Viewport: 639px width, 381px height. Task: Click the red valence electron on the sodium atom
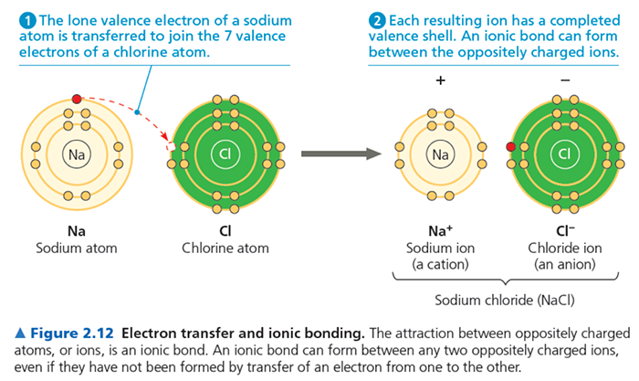pyautogui.click(x=77, y=98)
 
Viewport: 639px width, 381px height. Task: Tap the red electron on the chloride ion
pyautogui.click(x=511, y=146)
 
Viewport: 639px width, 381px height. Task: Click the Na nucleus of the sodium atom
pyautogui.click(x=77, y=154)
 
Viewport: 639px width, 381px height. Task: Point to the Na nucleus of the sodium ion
pyautogui.click(x=441, y=154)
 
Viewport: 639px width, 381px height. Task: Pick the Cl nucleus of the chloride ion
pyautogui.click(x=563, y=153)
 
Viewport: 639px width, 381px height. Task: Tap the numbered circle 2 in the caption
pyautogui.click(x=376, y=20)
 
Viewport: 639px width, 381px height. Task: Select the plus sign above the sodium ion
pyautogui.click(x=441, y=80)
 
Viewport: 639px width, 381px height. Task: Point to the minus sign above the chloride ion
pyautogui.click(x=565, y=80)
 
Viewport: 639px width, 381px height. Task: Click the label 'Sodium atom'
pyautogui.click(x=77, y=248)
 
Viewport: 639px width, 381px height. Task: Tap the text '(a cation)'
pyautogui.click(x=441, y=264)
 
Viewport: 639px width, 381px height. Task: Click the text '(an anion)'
pyautogui.click(x=563, y=264)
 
